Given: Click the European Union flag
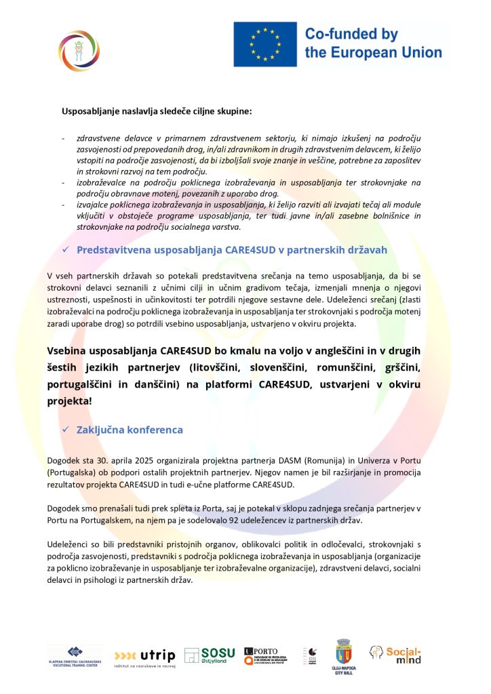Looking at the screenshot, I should coord(265,44).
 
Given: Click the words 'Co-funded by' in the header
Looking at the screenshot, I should coord(351,34).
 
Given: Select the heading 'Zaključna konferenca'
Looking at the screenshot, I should coord(130,430).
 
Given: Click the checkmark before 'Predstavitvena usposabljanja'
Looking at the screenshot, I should coord(66,250).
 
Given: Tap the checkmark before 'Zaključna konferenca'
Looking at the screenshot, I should coord(66,430).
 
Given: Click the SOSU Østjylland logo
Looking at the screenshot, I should coord(210,656).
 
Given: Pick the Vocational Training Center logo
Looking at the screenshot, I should coord(75,656).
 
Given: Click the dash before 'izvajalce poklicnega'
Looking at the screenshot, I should coord(64,205).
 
